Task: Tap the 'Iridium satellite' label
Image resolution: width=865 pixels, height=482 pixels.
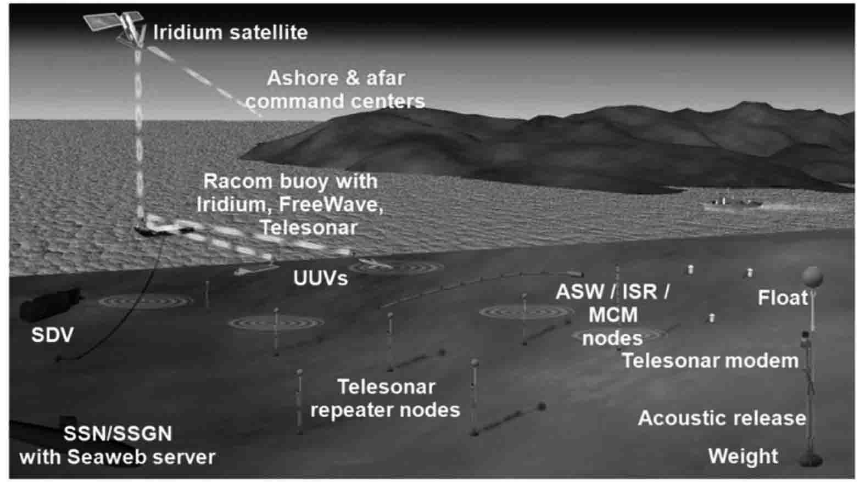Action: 230,32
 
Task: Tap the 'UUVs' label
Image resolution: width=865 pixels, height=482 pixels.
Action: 320,278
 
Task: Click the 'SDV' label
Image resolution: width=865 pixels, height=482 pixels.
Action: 52,335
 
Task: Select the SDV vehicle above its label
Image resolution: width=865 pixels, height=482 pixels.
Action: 51,301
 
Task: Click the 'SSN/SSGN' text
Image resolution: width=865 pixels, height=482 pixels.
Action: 118,434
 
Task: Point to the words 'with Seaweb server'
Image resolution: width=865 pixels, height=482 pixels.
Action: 118,457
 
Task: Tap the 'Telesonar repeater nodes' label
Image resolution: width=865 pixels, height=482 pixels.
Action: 386,398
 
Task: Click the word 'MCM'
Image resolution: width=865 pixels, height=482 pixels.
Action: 613,315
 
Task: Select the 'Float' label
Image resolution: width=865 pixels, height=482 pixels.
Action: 783,298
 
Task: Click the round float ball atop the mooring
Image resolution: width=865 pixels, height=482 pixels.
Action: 812,277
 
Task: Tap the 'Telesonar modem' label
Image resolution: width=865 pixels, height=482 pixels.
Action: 710,361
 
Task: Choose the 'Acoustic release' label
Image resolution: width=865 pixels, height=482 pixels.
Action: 722,418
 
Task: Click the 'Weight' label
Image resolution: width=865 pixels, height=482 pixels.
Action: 743,456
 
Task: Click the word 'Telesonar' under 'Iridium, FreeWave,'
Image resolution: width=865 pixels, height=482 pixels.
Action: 309,227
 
